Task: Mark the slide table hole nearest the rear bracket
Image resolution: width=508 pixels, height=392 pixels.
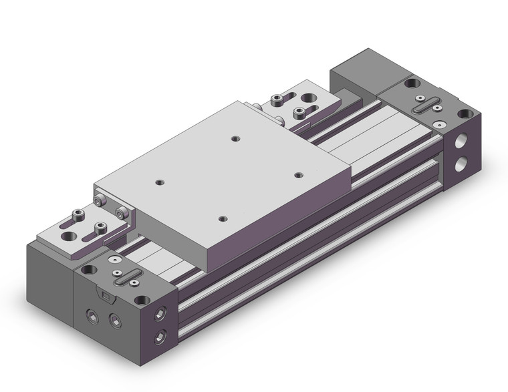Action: click(x=235, y=138)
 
